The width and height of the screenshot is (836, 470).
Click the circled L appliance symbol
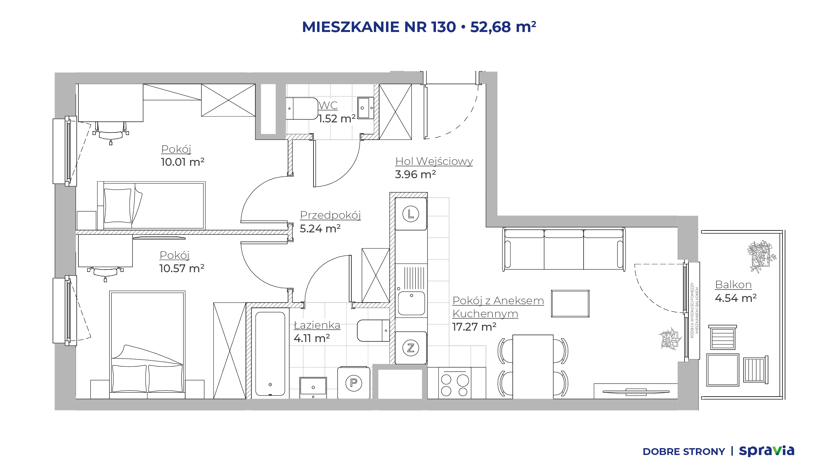411,214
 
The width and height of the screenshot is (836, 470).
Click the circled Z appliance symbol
411,348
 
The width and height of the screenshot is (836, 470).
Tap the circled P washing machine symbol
354,383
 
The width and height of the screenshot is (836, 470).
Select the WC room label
328,105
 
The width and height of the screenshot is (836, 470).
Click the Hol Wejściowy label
434,161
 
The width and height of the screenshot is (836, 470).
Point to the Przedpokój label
330,215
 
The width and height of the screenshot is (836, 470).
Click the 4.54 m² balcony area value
736,298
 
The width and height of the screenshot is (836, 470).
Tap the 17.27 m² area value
474,327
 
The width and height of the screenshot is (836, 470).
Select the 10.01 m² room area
183,162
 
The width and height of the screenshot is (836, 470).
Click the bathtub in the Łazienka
270,353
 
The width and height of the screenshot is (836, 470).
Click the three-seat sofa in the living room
564,249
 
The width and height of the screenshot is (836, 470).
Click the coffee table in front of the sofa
570,304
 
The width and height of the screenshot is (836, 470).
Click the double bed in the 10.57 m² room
147,345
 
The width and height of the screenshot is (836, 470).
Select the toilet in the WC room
302,108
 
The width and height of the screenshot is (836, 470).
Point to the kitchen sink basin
411,303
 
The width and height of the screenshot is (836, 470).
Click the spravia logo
766,451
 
